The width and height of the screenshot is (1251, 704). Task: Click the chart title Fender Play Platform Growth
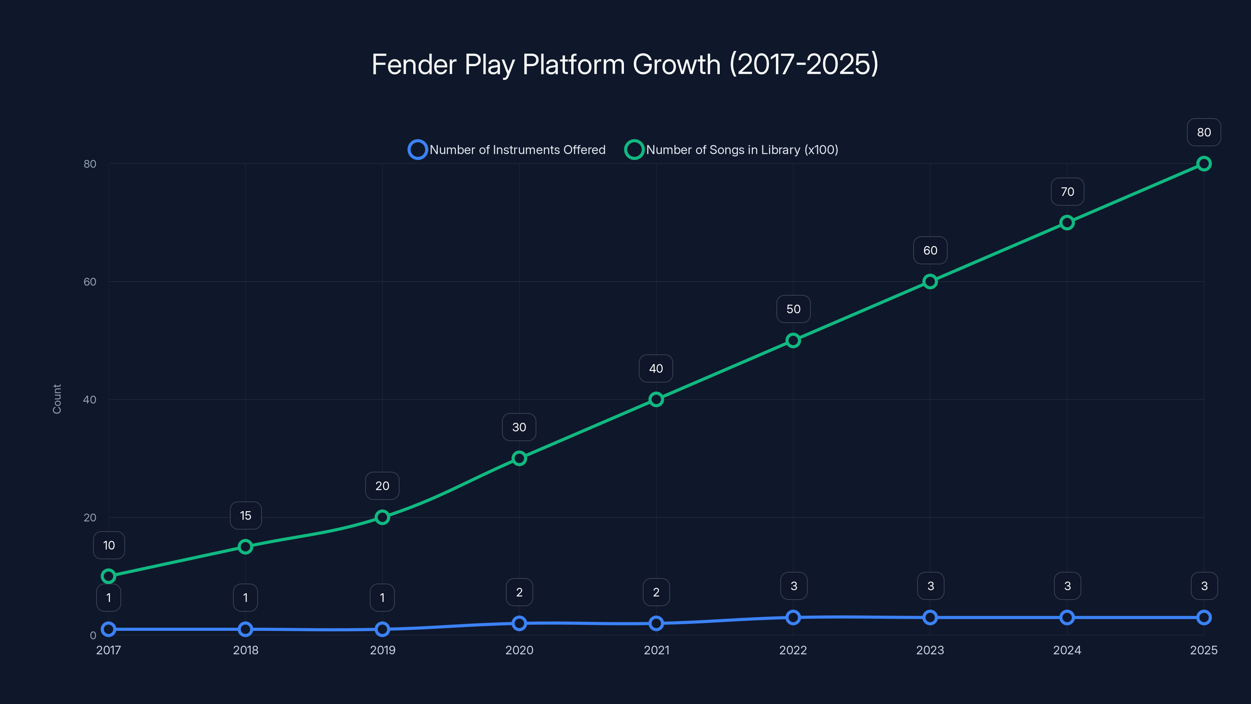click(x=625, y=64)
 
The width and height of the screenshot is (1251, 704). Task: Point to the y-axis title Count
click(x=57, y=399)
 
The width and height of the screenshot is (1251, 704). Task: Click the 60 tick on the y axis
click(x=90, y=282)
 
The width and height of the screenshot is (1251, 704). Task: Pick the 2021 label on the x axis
click(x=656, y=650)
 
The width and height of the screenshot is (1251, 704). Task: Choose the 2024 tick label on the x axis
click(x=1067, y=650)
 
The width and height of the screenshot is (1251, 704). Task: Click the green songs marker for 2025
click(x=1204, y=164)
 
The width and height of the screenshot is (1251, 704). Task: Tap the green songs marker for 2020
click(x=519, y=458)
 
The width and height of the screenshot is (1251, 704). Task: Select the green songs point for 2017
click(x=108, y=576)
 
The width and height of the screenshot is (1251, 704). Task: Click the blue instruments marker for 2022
click(x=793, y=618)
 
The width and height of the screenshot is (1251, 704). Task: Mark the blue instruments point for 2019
click(x=382, y=629)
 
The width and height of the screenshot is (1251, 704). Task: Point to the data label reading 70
click(x=1067, y=192)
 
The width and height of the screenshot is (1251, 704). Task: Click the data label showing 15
click(x=246, y=515)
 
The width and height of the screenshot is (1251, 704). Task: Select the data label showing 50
click(x=794, y=309)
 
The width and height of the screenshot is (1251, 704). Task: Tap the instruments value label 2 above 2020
click(x=519, y=592)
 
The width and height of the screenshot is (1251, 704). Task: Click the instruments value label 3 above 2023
click(x=930, y=586)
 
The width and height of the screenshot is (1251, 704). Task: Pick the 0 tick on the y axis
click(x=93, y=636)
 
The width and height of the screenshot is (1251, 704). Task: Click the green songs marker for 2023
click(x=930, y=282)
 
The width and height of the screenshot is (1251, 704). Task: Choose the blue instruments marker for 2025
click(x=1204, y=618)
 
